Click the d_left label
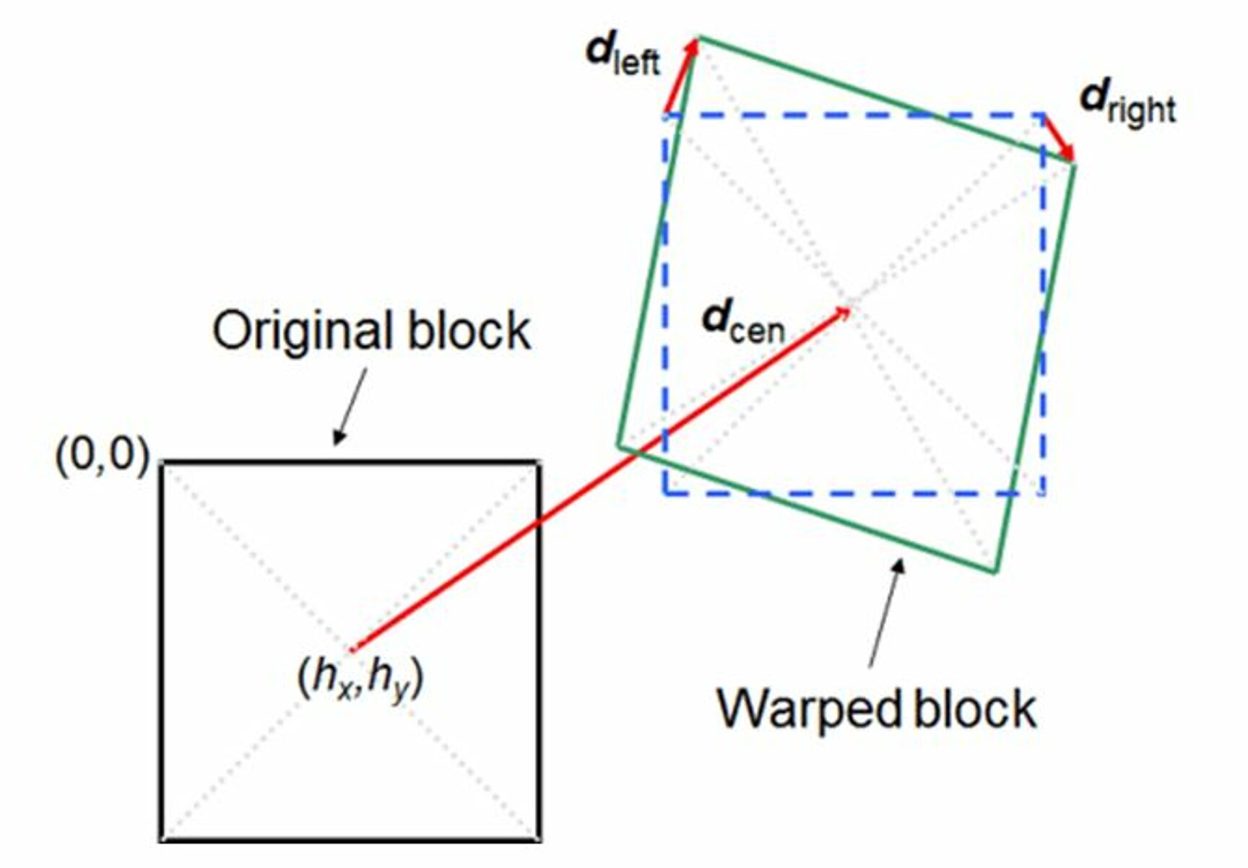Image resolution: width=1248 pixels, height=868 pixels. coord(622,54)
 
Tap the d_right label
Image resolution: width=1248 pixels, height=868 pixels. coord(1127,103)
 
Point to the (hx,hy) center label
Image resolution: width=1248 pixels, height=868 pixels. coord(360,679)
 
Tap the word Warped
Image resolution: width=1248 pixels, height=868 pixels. coord(808,708)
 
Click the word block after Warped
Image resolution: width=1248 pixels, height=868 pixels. coord(975,708)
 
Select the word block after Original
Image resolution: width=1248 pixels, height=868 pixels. coord(469,331)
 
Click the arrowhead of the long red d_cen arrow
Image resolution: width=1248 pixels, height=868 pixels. coord(844,312)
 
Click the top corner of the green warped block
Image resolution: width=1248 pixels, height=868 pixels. coord(698,37)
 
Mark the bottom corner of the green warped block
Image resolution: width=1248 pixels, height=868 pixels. coord(995,572)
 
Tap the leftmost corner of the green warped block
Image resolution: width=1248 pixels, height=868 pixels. coord(618,446)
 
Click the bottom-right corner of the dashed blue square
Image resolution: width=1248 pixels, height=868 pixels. coord(1043,494)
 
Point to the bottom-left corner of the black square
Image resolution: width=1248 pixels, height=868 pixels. coord(161,840)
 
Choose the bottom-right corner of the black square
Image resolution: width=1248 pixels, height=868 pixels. coord(539,840)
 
